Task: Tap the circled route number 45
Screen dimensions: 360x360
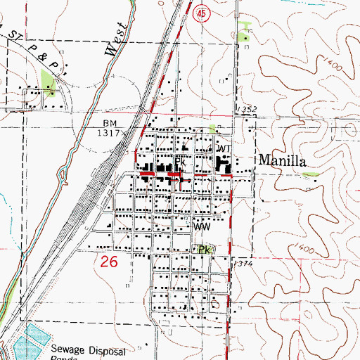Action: point(202,14)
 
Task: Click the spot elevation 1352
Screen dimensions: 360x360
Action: point(245,109)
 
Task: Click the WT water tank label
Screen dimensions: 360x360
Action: point(224,150)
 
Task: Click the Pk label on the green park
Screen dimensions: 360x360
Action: point(204,250)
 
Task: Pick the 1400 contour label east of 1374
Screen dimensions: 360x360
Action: point(304,249)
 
